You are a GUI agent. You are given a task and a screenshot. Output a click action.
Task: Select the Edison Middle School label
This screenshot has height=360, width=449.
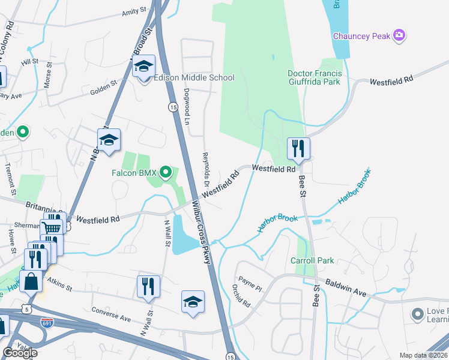click(x=194, y=77)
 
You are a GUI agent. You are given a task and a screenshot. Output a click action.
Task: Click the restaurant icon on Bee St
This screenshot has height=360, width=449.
click(x=298, y=148)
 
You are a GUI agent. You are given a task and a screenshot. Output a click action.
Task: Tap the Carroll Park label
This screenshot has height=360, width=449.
click(x=312, y=261)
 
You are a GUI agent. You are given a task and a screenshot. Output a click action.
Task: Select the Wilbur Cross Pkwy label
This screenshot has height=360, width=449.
click(x=203, y=224)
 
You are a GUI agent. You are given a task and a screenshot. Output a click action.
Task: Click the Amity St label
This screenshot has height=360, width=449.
click(x=134, y=11)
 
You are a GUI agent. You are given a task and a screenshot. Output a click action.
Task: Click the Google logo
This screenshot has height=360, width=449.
click(x=20, y=353)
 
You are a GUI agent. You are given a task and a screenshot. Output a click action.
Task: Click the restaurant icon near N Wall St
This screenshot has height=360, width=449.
click(x=147, y=286)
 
